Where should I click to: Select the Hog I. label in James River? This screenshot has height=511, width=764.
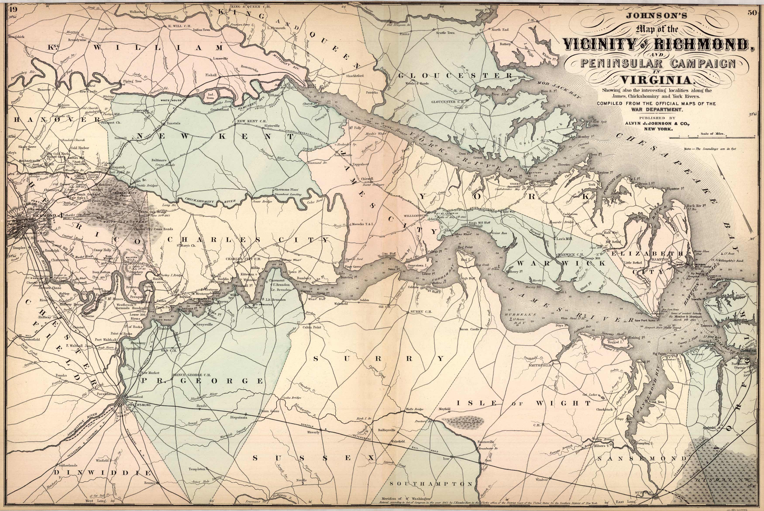point(464,260)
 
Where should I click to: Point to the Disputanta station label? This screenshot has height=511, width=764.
point(238,417)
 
